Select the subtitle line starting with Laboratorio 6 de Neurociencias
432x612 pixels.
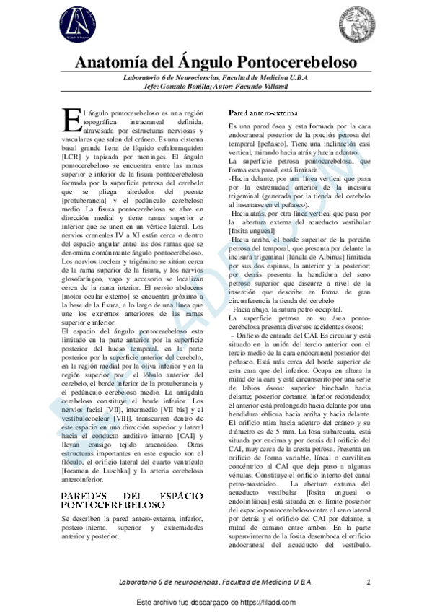216,78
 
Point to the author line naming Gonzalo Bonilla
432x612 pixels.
216,87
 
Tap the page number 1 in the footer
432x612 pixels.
368,582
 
